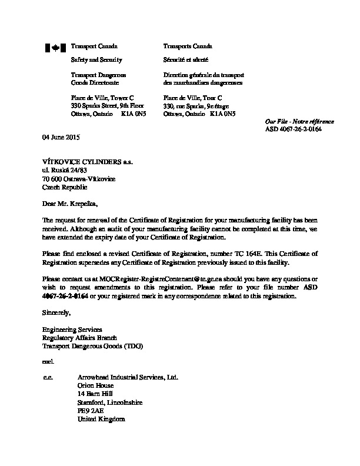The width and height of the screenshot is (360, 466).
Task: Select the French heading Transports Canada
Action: (188, 46)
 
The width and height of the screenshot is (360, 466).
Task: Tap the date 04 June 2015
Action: (61, 137)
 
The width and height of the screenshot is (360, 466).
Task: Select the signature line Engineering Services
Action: (72, 329)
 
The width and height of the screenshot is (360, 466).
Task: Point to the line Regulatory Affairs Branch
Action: (80, 338)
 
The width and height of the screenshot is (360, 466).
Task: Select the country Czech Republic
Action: (65, 187)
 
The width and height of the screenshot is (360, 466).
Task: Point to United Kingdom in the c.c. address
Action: (101, 419)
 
